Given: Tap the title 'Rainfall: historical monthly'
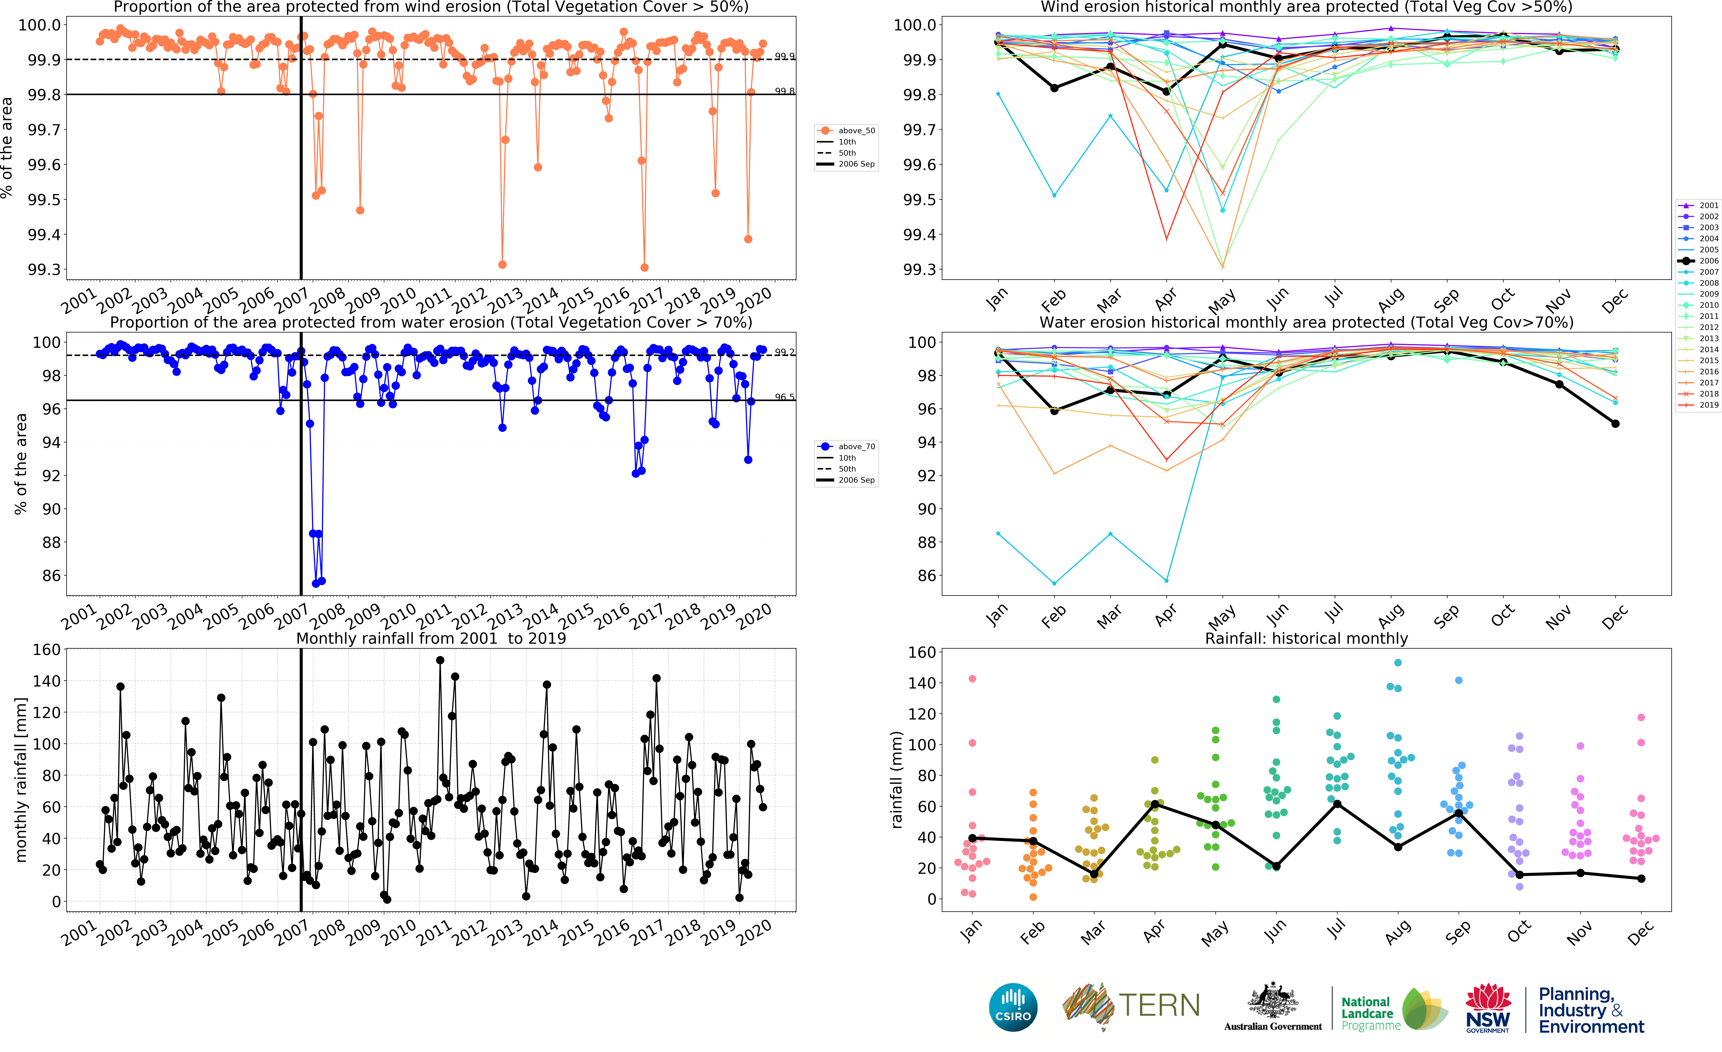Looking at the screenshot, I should point(1306,638).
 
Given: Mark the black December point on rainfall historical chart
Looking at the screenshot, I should point(1641,879).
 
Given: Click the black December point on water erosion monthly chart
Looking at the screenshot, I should point(1615,424).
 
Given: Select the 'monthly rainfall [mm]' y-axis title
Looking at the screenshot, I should point(21,779).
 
